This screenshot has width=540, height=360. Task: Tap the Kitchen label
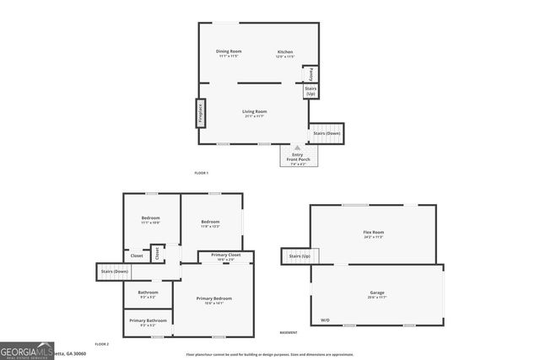(285, 52)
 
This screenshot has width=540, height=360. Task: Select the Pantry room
(310, 74)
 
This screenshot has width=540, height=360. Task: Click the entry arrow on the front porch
(297, 147)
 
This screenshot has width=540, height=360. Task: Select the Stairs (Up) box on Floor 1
(311, 91)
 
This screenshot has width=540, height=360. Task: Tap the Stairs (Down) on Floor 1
(327, 133)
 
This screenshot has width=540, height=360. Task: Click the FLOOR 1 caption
(201, 173)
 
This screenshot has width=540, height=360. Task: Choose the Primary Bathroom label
(148, 320)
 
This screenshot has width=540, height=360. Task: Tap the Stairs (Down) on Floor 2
(114, 271)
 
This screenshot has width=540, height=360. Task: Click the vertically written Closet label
(157, 253)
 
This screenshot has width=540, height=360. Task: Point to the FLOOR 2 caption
(102, 344)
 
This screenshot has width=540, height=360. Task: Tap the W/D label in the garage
(326, 320)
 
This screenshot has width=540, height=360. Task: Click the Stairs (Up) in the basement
(300, 255)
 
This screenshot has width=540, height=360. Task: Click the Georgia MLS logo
(27, 351)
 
